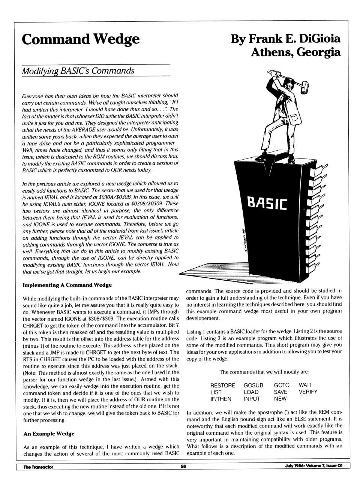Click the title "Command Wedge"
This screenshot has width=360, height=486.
(81, 39)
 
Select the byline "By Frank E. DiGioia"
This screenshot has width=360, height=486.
(285, 39)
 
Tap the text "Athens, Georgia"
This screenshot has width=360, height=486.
(295, 52)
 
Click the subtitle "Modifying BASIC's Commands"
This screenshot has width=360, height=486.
(78, 71)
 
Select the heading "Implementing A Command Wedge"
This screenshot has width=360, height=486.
(67, 285)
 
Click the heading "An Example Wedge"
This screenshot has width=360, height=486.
(49, 434)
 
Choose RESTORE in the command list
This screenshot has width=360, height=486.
(222, 385)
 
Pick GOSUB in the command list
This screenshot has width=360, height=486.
(253, 385)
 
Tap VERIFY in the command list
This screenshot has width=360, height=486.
(308, 392)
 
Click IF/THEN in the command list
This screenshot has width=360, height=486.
(221, 399)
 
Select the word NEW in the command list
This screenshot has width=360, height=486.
(280, 399)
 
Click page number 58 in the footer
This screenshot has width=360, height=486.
(183, 467)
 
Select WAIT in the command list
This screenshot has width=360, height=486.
(305, 385)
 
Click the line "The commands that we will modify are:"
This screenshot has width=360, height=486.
(264, 372)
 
